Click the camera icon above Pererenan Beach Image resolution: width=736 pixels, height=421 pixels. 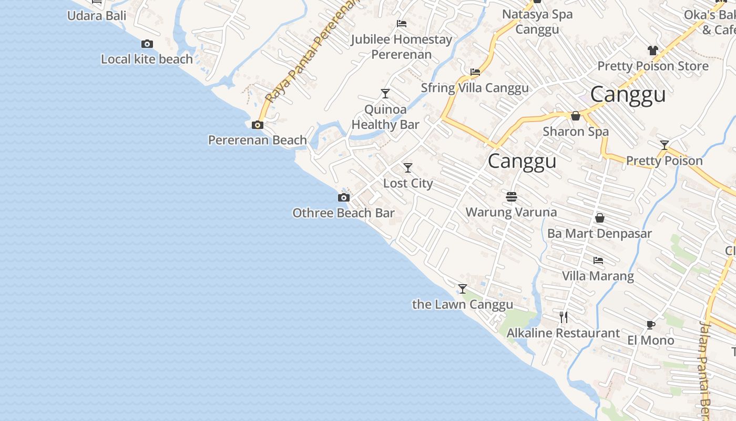(x=258, y=125)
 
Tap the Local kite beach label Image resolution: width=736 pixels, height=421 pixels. (x=147, y=59)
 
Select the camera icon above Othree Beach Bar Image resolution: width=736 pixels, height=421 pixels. (x=343, y=198)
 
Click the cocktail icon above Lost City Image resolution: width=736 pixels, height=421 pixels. (x=408, y=168)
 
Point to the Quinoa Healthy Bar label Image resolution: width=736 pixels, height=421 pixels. (x=385, y=117)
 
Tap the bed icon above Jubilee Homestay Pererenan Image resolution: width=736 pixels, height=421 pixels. (x=402, y=24)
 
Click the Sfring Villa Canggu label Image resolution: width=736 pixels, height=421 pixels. (x=475, y=88)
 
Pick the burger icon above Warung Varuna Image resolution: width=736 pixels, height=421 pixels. (x=512, y=197)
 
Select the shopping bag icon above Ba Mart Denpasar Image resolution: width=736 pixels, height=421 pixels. (x=600, y=218)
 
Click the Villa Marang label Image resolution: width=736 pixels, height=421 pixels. (x=598, y=276)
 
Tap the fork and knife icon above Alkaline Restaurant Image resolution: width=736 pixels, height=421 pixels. (x=564, y=317)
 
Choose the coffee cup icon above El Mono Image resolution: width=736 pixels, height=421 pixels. (x=651, y=325)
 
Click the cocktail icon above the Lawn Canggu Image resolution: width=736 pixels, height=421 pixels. (x=463, y=289)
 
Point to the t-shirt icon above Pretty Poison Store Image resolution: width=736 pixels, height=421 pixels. (x=653, y=51)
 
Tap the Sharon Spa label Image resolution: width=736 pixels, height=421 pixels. (x=576, y=132)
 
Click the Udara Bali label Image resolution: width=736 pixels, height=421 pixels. (x=97, y=16)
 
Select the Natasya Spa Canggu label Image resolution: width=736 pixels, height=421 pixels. (x=537, y=22)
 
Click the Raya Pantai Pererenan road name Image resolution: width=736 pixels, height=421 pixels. (x=310, y=53)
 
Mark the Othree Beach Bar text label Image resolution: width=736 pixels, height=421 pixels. (x=343, y=213)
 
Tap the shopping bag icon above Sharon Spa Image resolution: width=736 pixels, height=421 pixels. (x=576, y=116)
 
